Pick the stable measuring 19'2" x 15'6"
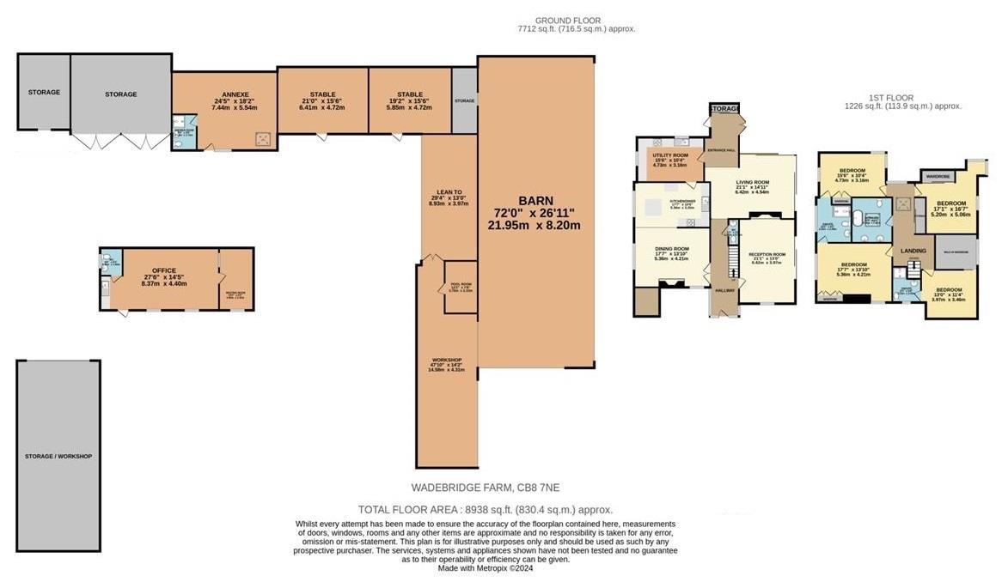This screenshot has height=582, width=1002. coord(409,94)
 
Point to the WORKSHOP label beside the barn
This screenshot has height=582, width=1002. coord(447,360)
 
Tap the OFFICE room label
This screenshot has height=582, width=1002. coord(163,270)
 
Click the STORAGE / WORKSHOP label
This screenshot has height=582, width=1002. coord(59,456)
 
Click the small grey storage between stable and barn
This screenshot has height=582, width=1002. coord(464,101)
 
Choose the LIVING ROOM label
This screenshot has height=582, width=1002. coord(751,183)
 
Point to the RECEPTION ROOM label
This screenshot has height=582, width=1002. coord(767,255)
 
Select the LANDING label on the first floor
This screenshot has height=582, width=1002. coord(913,251)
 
